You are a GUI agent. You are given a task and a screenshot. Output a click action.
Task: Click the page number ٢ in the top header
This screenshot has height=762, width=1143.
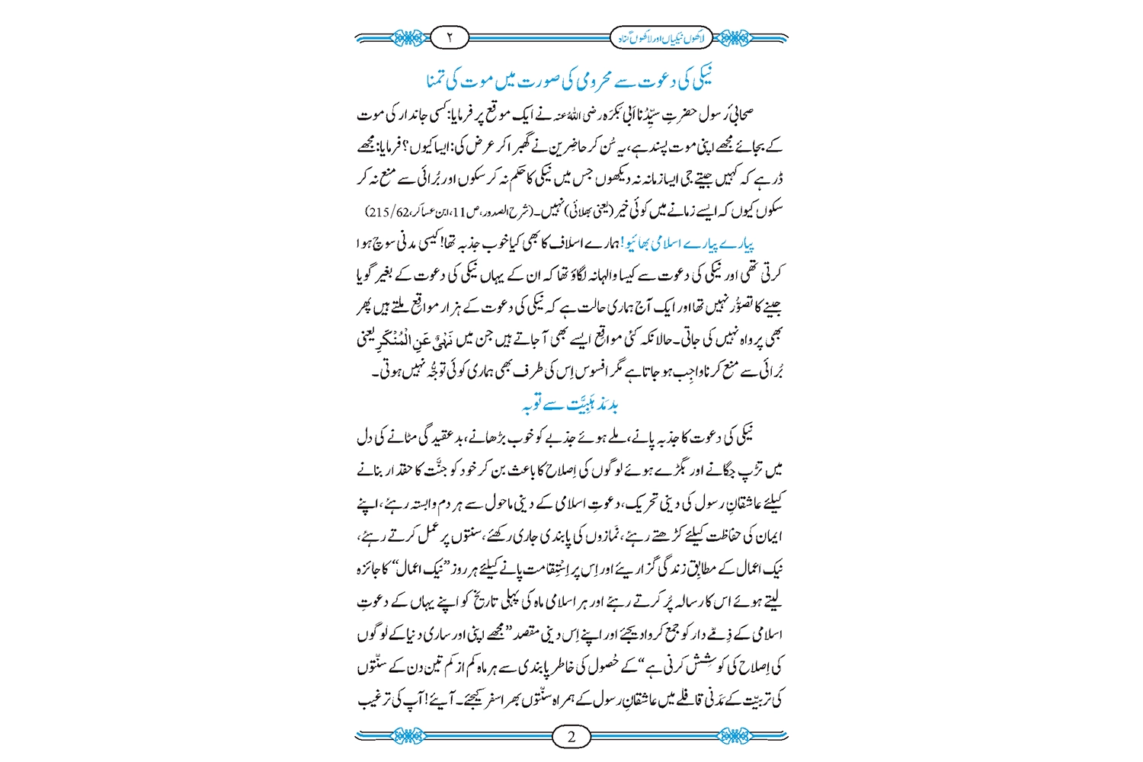[x=450, y=37]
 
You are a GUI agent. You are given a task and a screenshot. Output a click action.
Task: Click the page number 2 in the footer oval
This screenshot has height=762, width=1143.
[x=572, y=736]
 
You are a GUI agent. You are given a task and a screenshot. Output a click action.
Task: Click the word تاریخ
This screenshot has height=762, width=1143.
[x=496, y=602]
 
